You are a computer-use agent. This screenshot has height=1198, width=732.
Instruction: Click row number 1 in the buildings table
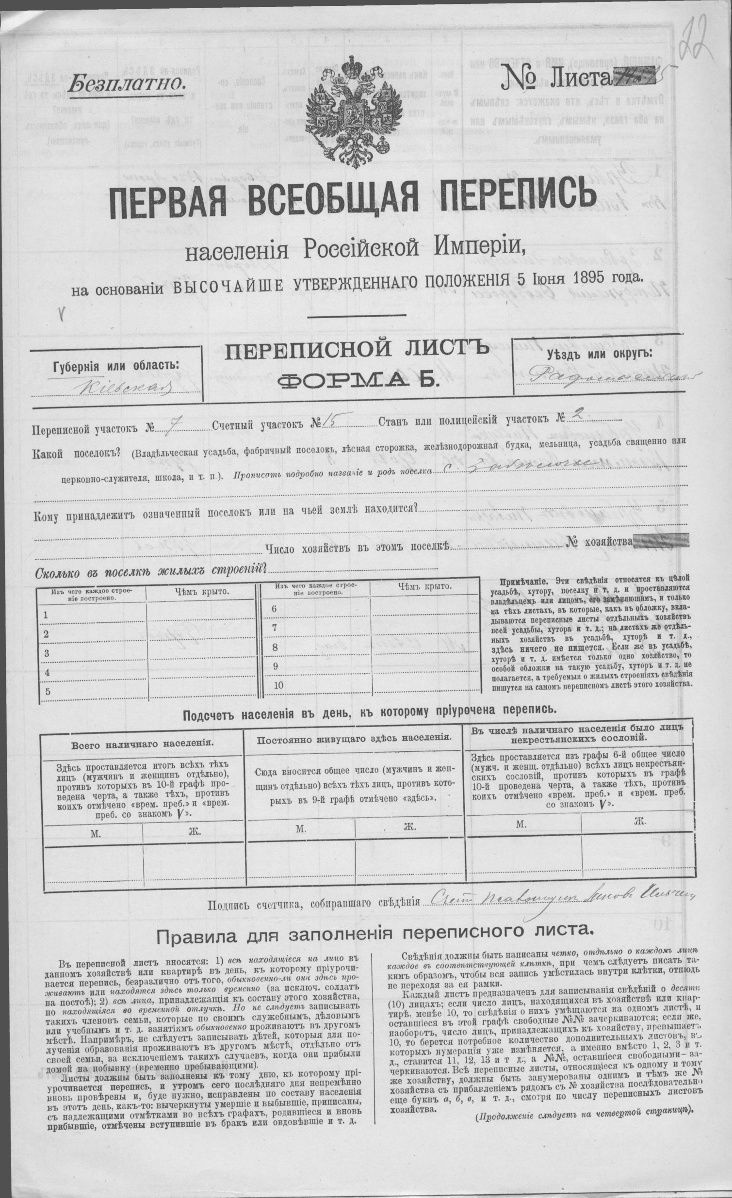[x=46, y=615]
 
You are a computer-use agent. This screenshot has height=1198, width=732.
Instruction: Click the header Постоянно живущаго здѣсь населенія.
[x=354, y=738]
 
